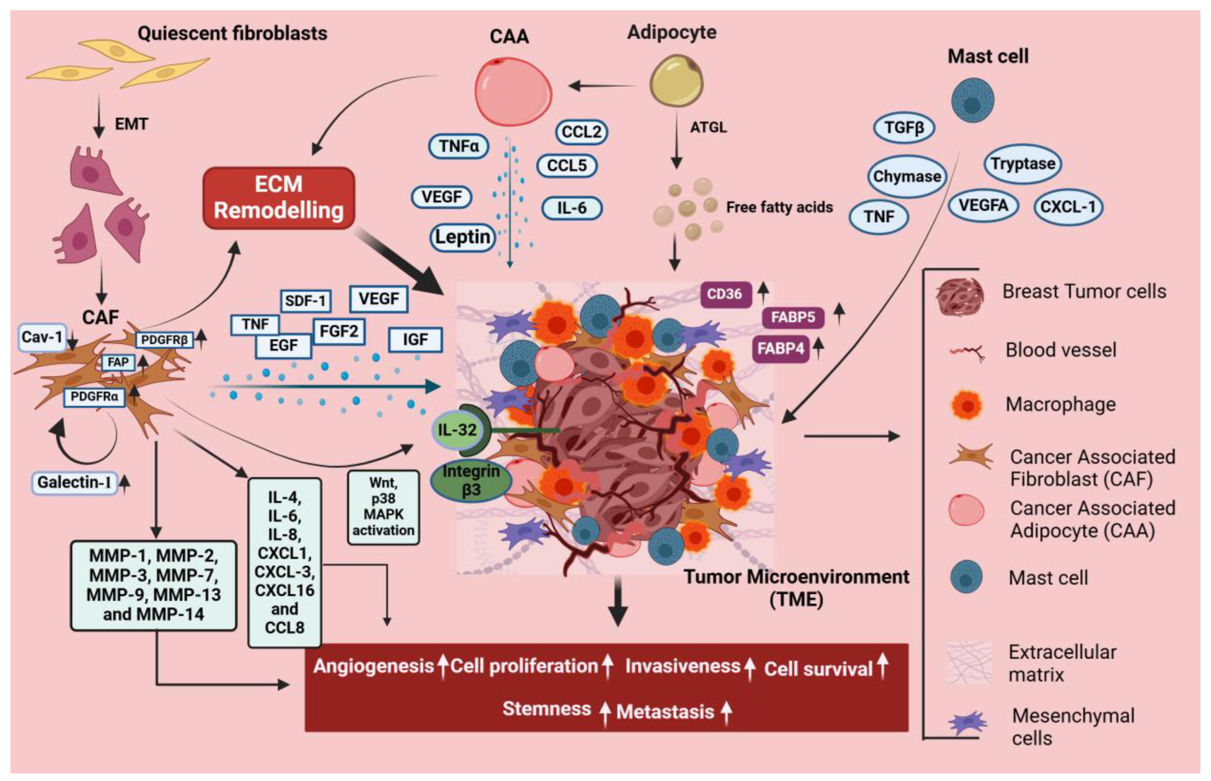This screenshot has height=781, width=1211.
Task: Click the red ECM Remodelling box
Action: point(278,198)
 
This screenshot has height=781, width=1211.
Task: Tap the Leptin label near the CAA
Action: point(462,237)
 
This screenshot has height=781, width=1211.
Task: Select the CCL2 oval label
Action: point(581,132)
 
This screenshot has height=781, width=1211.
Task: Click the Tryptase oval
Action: point(1023,164)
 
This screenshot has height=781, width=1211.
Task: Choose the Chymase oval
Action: point(907,176)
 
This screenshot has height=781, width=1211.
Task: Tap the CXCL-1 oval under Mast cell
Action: point(1068,207)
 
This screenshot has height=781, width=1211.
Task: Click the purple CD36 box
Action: point(726,294)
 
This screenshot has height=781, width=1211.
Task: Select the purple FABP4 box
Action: point(781,349)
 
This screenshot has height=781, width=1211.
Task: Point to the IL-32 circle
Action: point(457,430)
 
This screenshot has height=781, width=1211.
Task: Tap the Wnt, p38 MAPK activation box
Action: point(383,508)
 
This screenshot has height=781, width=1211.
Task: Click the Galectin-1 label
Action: point(74,482)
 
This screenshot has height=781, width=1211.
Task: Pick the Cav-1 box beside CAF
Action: point(42,337)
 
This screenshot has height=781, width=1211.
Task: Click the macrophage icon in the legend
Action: point(967,405)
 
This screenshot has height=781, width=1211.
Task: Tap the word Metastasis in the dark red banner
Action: point(665,712)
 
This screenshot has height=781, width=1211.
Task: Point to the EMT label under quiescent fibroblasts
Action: point(131,124)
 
